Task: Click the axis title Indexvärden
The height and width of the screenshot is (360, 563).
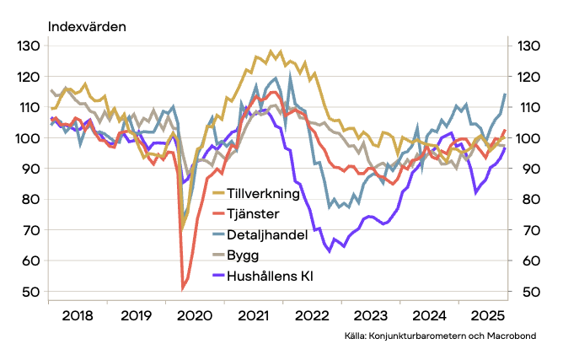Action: [x=88, y=26]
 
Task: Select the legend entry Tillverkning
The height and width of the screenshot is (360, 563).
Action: [x=264, y=194]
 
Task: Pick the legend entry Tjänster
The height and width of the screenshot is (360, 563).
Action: [x=254, y=214]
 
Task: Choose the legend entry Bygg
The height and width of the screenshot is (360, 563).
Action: [x=243, y=255]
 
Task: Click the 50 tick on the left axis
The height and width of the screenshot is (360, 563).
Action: [x=30, y=292]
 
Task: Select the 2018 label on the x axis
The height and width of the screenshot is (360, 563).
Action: [x=78, y=317]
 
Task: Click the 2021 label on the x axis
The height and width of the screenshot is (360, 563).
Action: [x=250, y=317]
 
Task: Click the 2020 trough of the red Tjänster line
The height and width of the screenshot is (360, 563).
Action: [x=184, y=289]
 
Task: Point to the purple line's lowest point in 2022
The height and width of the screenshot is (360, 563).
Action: [x=328, y=251]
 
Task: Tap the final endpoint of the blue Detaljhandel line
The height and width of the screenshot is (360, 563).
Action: [x=505, y=94]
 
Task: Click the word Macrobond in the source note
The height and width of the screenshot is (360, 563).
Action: [x=510, y=336]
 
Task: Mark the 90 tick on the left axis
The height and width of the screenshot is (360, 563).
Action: [x=30, y=169]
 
